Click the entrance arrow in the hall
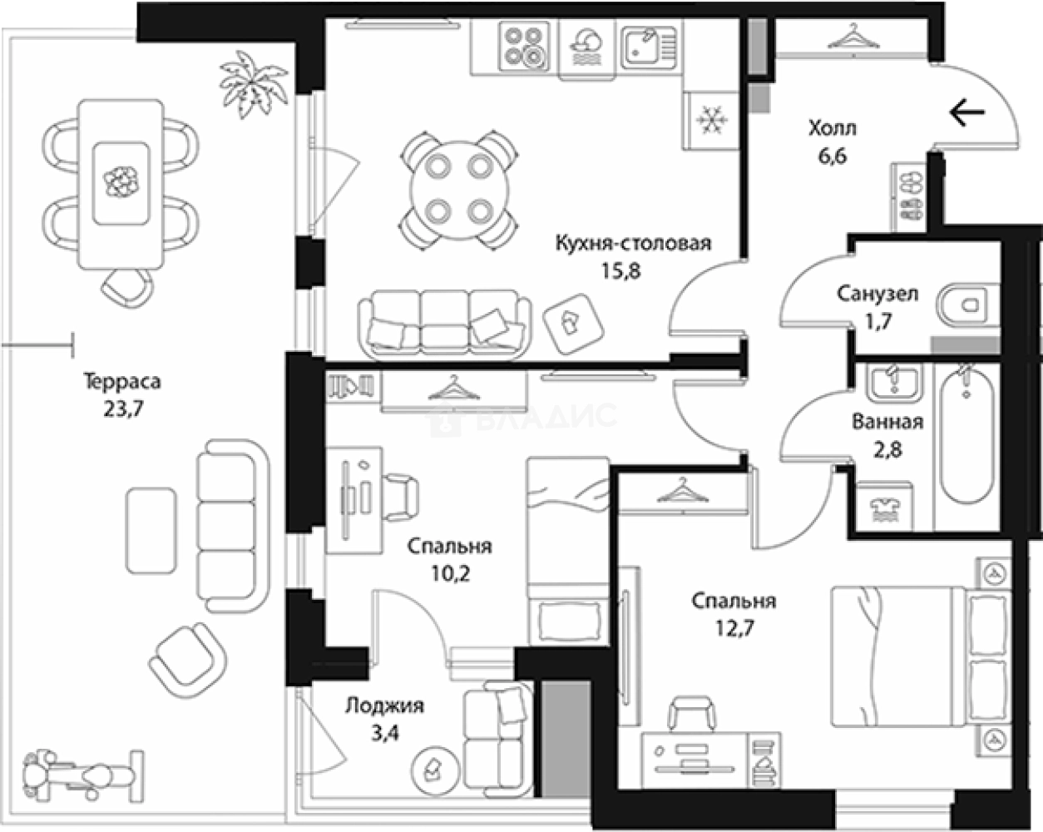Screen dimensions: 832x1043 tap(966, 111)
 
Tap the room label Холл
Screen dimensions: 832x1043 tap(832, 129)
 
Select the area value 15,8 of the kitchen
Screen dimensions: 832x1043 tap(620, 270)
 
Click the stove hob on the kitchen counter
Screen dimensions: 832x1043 tap(525, 46)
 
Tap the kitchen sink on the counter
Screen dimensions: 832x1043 tap(649, 46)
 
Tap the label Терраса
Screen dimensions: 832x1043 tap(122, 382)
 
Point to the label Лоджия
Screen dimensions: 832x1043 tap(384, 706)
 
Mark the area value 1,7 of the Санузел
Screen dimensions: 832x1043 tap(877, 320)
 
